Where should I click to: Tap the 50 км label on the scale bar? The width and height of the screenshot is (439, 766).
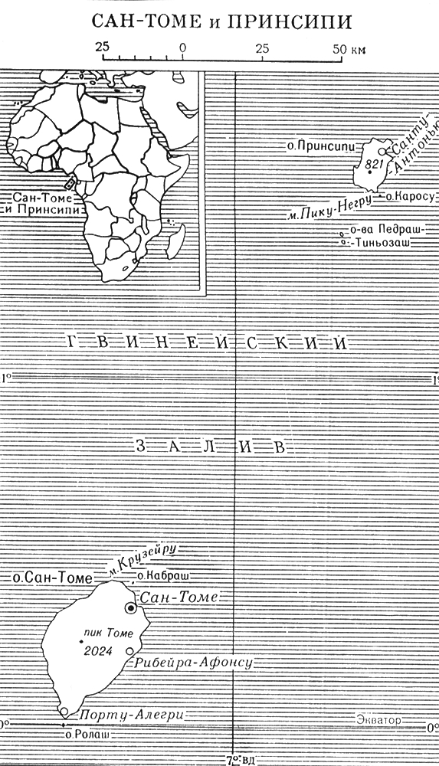click(348, 48)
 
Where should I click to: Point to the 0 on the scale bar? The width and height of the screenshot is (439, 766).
click(182, 48)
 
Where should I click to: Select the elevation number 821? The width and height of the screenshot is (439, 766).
click(375, 164)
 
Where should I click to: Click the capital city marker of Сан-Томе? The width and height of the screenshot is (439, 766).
click(131, 607)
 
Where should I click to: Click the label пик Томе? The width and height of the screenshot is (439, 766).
click(109, 633)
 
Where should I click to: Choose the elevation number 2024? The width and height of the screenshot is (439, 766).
click(100, 652)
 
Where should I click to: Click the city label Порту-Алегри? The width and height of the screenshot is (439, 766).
click(130, 714)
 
